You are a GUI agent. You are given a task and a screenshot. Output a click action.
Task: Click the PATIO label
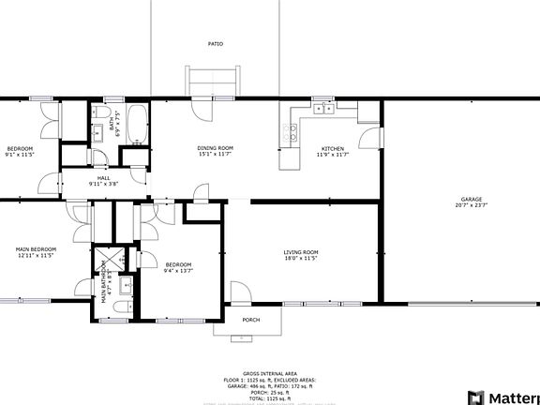pos(216,44)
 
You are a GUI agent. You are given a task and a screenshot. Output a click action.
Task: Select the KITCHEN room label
pos(333,148)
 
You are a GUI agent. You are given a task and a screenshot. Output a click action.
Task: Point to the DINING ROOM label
pos(215,148)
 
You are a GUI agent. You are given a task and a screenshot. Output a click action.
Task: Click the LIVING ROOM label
pos(301,252)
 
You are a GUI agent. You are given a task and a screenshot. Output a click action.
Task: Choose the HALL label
pos(104,176)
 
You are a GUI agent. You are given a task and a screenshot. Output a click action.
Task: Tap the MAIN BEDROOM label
pos(36,249)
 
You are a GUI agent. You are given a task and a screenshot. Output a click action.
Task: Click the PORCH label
pos(251,320)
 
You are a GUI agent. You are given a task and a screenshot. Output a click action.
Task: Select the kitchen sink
pos(323,109)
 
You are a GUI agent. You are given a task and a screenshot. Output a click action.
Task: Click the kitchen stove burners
pos(291,131)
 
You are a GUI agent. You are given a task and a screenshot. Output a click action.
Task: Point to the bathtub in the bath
pos(137,123)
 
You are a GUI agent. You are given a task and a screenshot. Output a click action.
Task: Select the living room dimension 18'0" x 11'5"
pos(301,260)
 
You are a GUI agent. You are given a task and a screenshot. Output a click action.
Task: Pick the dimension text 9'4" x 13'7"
pos(177,272)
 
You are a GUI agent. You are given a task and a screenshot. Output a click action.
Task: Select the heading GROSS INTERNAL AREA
pos(269,371)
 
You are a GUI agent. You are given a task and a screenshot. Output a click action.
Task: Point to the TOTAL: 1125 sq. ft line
pos(269,398)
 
